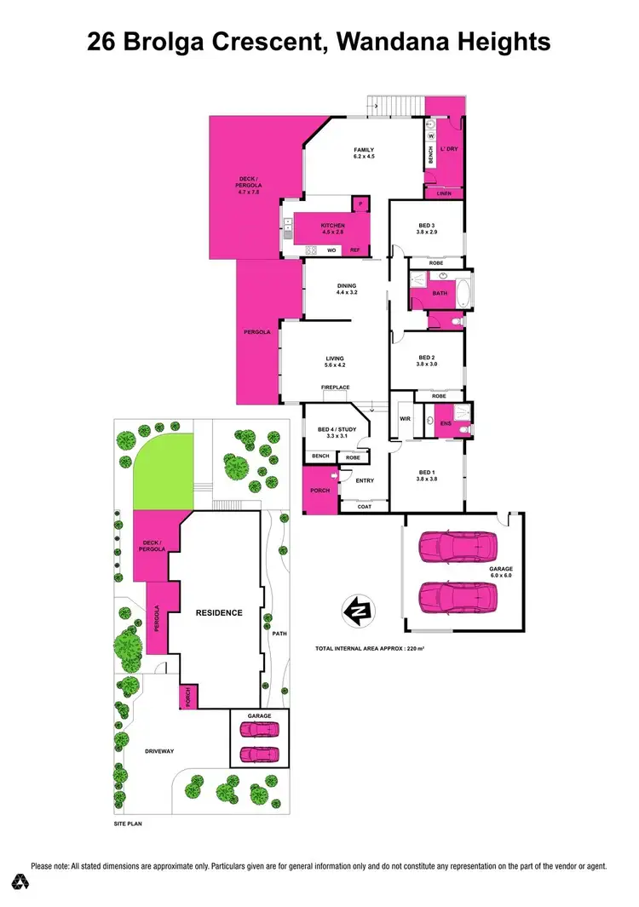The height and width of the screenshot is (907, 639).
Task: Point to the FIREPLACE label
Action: pos(335,387)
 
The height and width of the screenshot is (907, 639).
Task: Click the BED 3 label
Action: pos(427,227)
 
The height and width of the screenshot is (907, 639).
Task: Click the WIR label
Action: pos(405,419)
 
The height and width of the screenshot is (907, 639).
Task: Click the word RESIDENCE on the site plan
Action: pos(219,612)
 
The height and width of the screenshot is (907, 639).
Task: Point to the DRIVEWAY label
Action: pos(159,750)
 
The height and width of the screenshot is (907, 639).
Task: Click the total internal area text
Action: pos(369,649)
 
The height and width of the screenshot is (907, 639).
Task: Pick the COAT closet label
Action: pos(364,506)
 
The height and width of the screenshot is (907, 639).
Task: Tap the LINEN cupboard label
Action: pos(443,193)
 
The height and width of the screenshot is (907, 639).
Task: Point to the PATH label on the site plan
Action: pos(278,633)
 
